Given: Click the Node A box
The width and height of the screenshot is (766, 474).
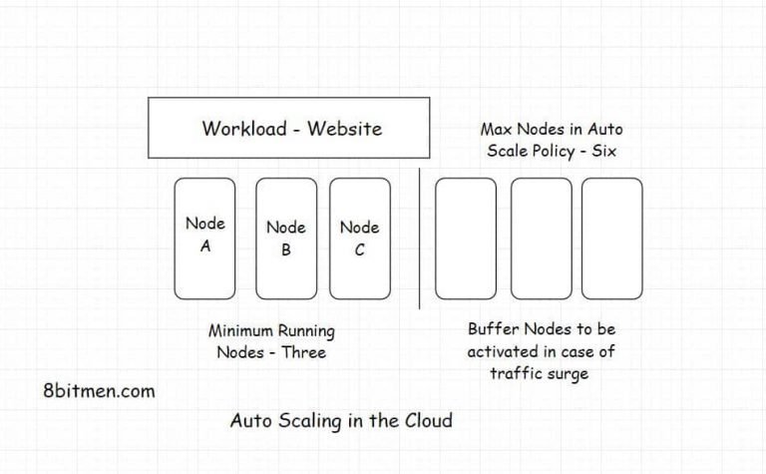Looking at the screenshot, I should pyautogui.click(x=205, y=238).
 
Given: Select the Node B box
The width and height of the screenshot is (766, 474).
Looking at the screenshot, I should pyautogui.click(x=286, y=238).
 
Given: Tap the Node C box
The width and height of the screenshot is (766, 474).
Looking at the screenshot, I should pyautogui.click(x=360, y=238).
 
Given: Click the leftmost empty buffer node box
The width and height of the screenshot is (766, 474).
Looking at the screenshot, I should pyautogui.click(x=466, y=238).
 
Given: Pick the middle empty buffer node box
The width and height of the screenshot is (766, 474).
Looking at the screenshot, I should pyautogui.click(x=542, y=238).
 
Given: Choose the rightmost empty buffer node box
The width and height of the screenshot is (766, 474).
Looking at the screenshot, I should pyautogui.click(x=612, y=238).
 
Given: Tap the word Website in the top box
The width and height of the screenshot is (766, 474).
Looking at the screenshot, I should pyautogui.click(x=344, y=128).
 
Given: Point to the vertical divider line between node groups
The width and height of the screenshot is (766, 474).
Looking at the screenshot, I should pyautogui.click(x=420, y=238).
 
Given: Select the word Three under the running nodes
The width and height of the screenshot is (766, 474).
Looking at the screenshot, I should pyautogui.click(x=304, y=352).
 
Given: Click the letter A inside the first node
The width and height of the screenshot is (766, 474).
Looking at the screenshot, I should pyautogui.click(x=205, y=247).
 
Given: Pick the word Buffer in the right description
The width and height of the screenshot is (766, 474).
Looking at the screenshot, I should pyautogui.click(x=493, y=328).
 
